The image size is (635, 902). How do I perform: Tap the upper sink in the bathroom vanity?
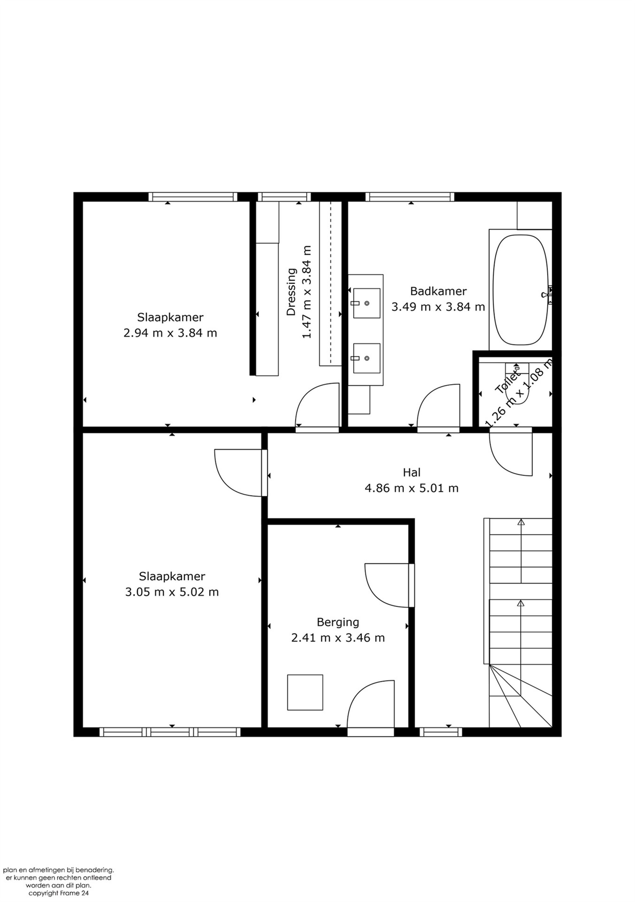pos(366,303)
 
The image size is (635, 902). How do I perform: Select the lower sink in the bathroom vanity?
pos(366,358)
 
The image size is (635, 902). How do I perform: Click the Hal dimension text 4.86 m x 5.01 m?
pos(411,488)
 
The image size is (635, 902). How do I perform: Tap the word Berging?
pos(338,622)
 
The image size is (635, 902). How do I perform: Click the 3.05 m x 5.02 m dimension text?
pos(171,592)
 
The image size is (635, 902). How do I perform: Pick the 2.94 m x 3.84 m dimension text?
pos(170,333)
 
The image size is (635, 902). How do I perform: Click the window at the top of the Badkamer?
pos(409,196)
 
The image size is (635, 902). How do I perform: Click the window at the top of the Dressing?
pos(284,196)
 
